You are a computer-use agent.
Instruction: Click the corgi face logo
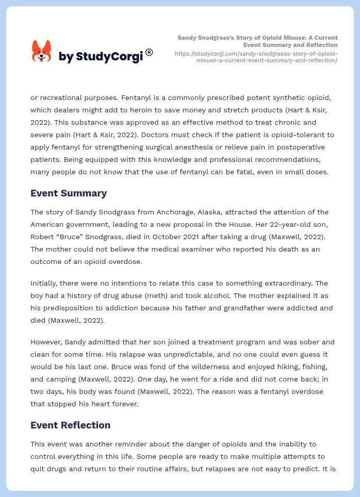pos(42,52)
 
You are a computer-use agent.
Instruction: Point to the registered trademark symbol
pos(149,52)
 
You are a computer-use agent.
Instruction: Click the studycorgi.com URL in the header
pos(256,57)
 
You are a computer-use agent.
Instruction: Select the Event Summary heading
pos(69,193)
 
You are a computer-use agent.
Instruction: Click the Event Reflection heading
pos(70,425)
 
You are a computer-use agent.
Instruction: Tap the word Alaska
pos(203,212)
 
